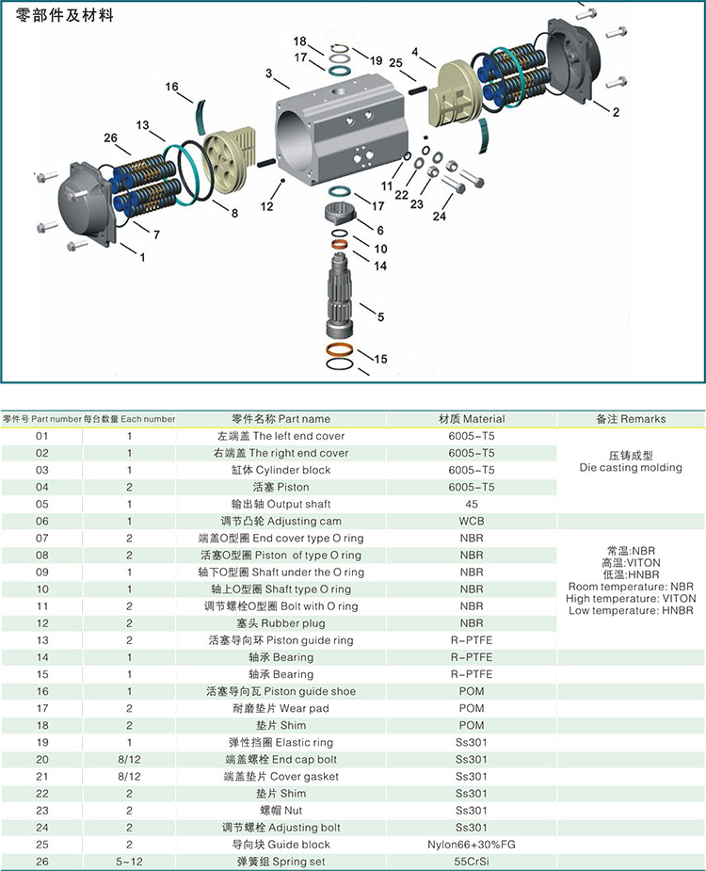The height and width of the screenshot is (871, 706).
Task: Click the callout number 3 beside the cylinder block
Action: [268, 73]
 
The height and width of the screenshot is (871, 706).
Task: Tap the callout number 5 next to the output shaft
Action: [380, 317]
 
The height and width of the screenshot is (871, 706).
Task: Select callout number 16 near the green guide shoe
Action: [172, 88]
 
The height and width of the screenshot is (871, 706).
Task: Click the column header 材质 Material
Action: [472, 419]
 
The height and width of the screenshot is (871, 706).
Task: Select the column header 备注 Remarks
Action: [630, 419]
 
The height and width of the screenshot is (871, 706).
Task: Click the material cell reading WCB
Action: [472, 521]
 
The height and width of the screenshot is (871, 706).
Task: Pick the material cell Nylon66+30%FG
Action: [472, 845]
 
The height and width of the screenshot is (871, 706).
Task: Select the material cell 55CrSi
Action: [472, 862]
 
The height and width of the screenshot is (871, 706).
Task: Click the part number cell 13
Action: [40, 640]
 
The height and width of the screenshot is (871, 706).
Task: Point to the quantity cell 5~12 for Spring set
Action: [129, 862]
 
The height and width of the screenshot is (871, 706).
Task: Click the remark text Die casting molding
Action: [630, 468]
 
